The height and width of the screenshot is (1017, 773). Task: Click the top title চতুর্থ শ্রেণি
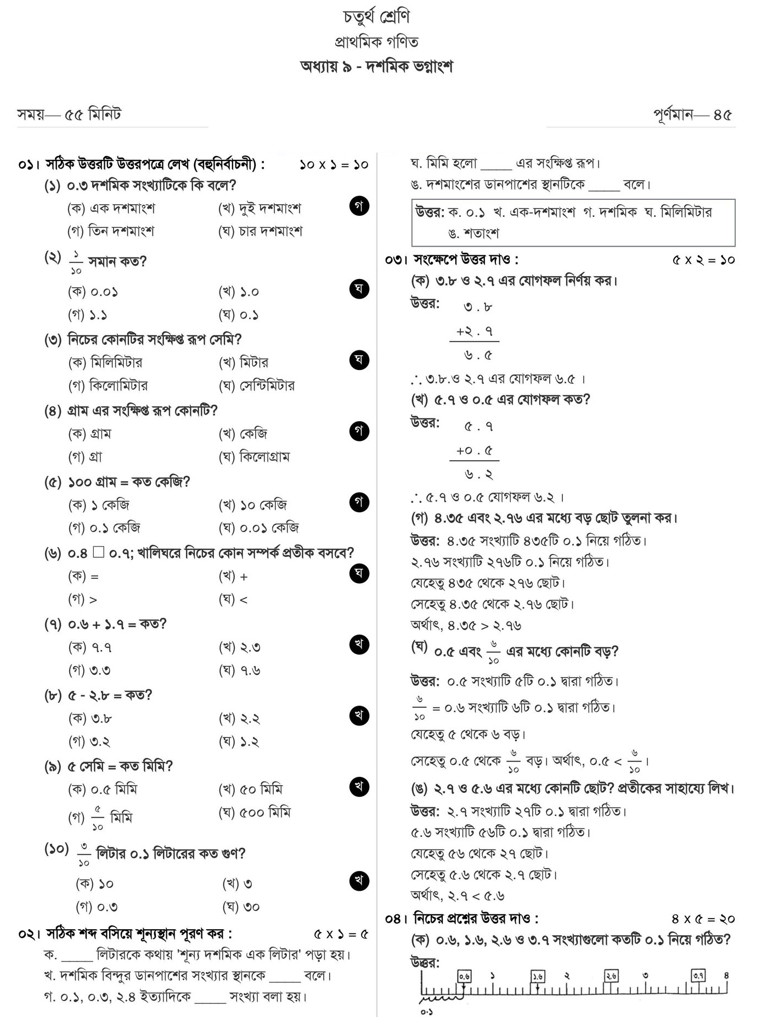point(376,17)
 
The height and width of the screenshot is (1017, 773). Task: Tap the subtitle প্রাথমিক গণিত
point(376,42)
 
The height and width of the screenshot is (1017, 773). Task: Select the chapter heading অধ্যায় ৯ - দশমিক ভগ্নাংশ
point(376,67)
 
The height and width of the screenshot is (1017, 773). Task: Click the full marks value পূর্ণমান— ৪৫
point(692,115)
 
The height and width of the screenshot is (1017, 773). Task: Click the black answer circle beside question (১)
point(359,206)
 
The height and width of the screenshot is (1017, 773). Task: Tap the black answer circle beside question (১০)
point(359,881)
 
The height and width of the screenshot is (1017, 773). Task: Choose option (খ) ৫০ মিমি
point(251,790)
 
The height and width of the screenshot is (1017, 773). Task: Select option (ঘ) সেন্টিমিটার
point(257,386)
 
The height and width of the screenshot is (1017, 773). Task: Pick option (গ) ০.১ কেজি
point(104,528)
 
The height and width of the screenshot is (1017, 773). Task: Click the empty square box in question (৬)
point(98,552)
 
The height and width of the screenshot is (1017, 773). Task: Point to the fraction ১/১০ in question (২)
point(76,262)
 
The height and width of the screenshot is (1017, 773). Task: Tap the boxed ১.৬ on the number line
point(538,976)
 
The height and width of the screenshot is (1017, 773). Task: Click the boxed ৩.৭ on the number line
point(698,975)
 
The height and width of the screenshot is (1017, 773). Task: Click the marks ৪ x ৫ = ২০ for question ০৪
point(703,919)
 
